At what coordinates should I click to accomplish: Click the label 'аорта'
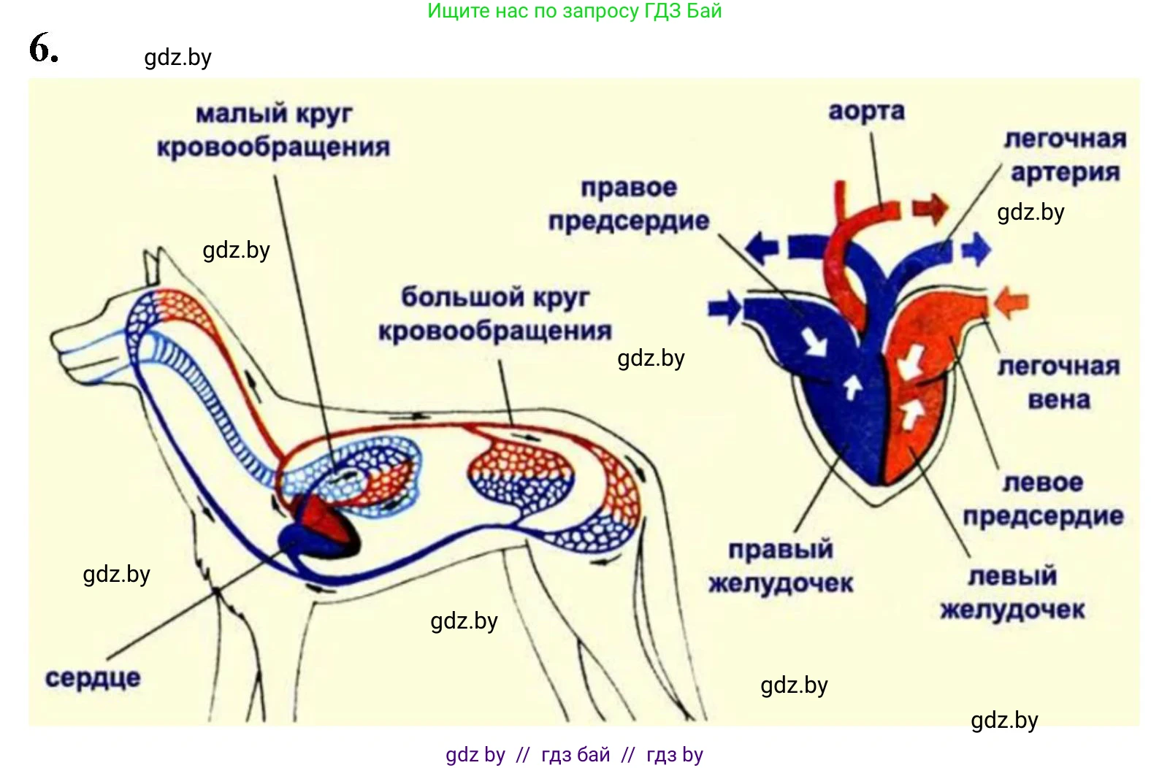tap(866, 112)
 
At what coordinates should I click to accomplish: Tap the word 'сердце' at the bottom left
tap(93, 677)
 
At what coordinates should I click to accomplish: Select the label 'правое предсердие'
tap(629, 204)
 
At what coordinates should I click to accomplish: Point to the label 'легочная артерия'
tap(1065, 155)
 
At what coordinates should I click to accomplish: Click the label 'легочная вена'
tap(1059, 383)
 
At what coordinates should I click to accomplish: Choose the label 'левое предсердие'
tap(1043, 499)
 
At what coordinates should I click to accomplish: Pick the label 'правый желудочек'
tap(781, 567)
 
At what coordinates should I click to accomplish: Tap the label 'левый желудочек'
tap(1012, 592)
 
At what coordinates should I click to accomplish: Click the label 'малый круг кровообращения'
tap(273, 130)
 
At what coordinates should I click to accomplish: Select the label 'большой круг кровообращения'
tap(495, 314)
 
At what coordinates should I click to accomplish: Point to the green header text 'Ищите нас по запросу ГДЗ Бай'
tap(574, 11)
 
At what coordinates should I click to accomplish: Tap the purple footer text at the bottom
tap(574, 754)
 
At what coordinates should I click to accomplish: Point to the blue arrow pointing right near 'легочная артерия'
tap(976, 250)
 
